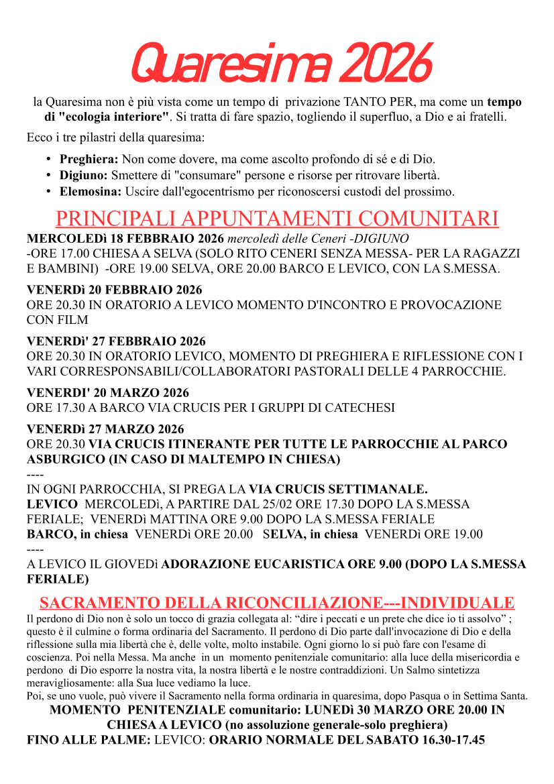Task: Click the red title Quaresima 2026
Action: pyautogui.click(x=280, y=64)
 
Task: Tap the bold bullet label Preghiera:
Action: pyautogui.click(x=89, y=160)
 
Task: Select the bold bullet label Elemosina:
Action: pyautogui.click(x=91, y=192)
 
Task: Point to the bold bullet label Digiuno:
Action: pyautogui.click(x=84, y=176)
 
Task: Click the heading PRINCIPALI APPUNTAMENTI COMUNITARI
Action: pyautogui.click(x=276, y=219)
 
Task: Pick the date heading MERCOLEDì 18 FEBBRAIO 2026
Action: pyautogui.click(x=125, y=239)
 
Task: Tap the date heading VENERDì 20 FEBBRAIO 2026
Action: pyautogui.click(x=115, y=290)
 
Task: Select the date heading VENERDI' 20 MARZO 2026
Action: pyautogui.click(x=108, y=393)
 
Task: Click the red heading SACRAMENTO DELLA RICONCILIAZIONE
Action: pyautogui.click(x=209, y=602)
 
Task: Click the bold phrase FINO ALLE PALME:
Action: pyautogui.click(x=89, y=741)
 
